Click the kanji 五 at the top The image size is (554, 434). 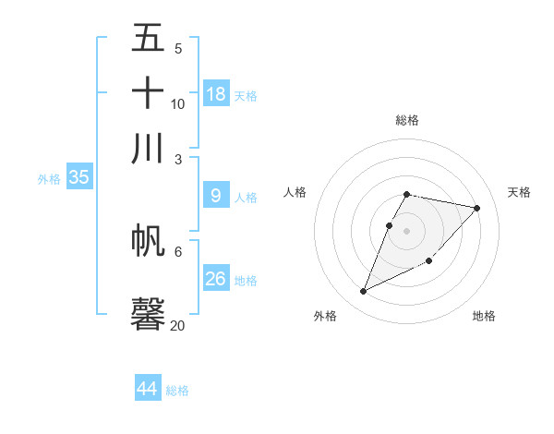(x=148, y=39)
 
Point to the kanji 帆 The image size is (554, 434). (x=148, y=241)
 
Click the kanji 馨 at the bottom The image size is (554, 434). (x=148, y=313)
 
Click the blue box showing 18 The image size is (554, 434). (x=216, y=93)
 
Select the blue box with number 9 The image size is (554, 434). (x=216, y=196)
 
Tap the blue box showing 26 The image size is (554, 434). (x=216, y=278)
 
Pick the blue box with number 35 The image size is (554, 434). (x=78, y=177)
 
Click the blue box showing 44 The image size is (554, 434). (x=148, y=389)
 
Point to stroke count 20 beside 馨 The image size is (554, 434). (x=177, y=326)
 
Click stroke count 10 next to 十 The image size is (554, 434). (x=177, y=103)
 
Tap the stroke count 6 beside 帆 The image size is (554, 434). (x=178, y=251)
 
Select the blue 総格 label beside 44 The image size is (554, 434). (x=177, y=391)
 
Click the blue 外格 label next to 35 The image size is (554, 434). (x=49, y=179)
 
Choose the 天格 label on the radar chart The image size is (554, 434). (x=519, y=192)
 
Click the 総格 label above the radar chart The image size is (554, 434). (x=407, y=120)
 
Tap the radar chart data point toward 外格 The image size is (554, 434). (x=364, y=292)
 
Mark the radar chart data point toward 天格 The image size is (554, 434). (x=476, y=209)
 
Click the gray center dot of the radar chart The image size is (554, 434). (x=407, y=231)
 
